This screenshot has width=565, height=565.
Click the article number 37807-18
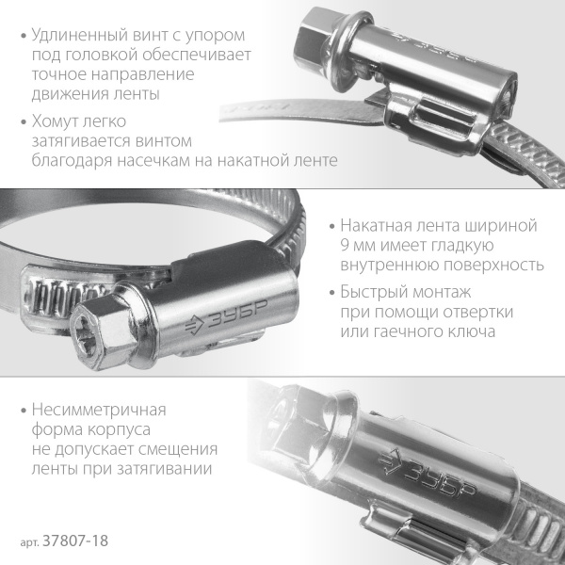83,543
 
